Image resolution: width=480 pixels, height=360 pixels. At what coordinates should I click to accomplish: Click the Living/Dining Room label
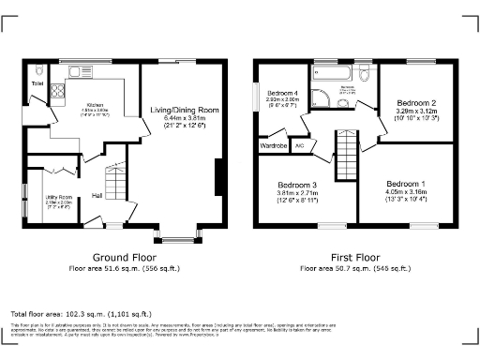[185, 110]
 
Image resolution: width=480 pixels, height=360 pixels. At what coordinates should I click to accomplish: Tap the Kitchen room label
[96, 105]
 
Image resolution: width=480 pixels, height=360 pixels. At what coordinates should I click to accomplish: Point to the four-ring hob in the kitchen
[55, 92]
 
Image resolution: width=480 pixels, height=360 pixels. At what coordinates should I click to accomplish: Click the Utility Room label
[46, 196]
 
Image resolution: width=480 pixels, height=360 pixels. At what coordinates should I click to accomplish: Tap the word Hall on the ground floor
[97, 195]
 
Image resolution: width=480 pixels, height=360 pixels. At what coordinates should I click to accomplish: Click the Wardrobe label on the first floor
[272, 145]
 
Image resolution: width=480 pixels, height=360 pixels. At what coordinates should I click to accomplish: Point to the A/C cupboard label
[300, 145]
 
